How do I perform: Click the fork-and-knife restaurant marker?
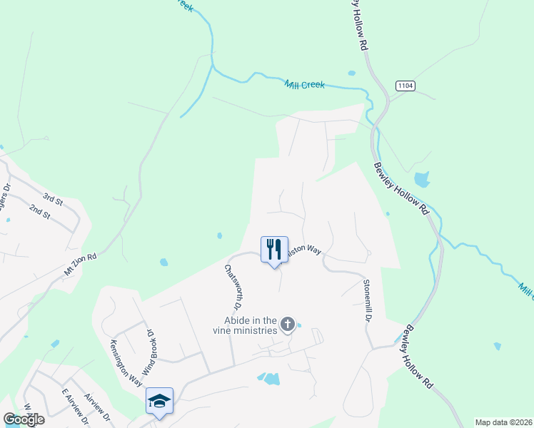click(274, 250)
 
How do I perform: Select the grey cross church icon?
click(288, 325)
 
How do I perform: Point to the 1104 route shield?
click(404, 86)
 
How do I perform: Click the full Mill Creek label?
click(305, 84)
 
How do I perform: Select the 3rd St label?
click(53, 198)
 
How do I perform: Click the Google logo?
click(24, 419)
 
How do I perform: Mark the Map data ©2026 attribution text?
click(504, 422)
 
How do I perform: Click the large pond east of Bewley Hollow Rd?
click(422, 178)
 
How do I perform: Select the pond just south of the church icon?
click(270, 379)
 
